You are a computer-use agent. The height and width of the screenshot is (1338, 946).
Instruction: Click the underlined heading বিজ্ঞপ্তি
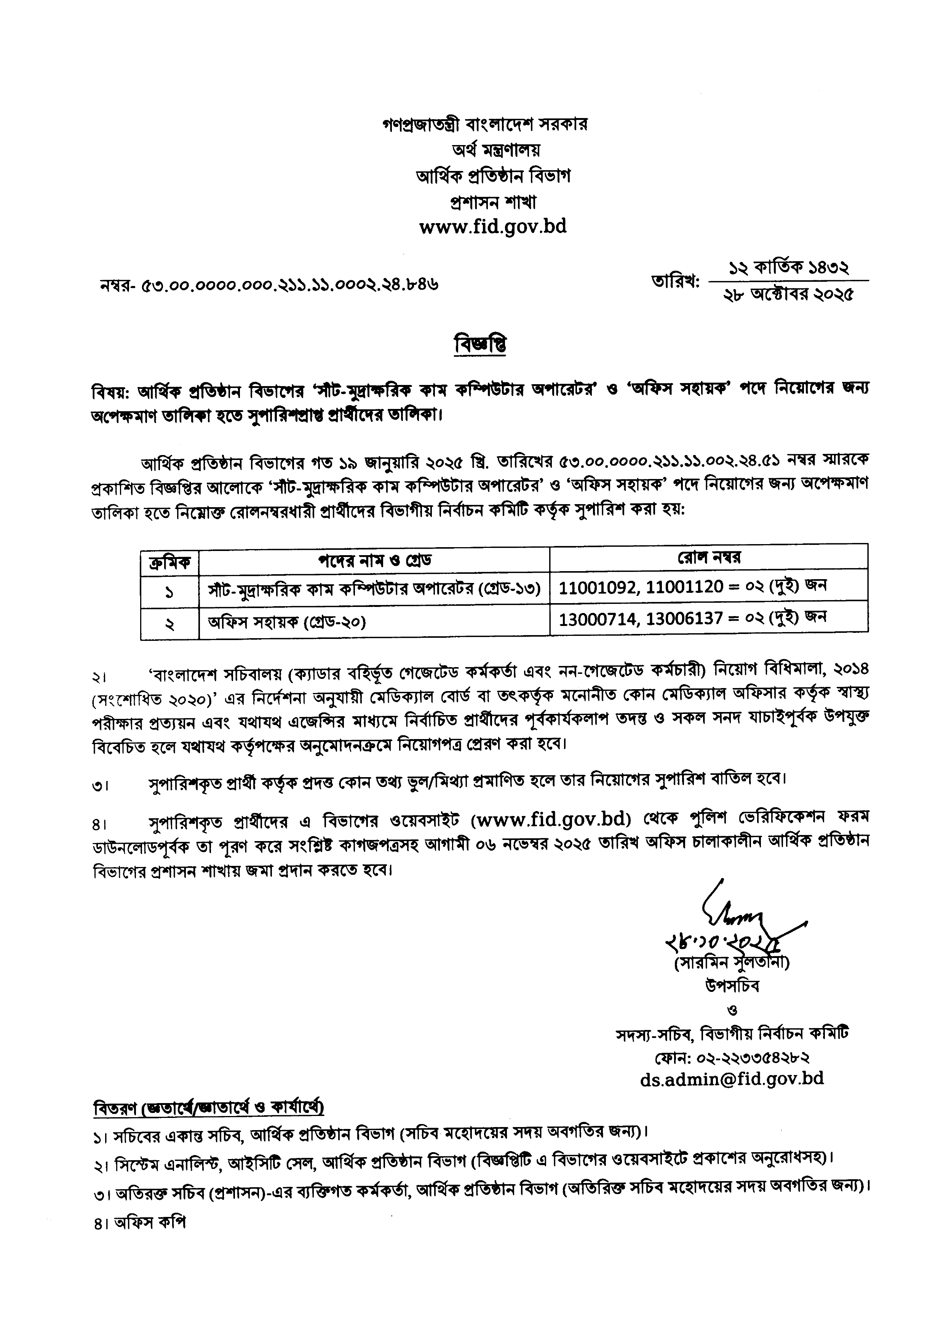click(480, 345)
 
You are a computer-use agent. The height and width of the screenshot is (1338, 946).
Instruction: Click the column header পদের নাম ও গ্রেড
click(374, 560)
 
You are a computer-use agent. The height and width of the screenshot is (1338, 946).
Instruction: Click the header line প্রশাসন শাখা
click(493, 201)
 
